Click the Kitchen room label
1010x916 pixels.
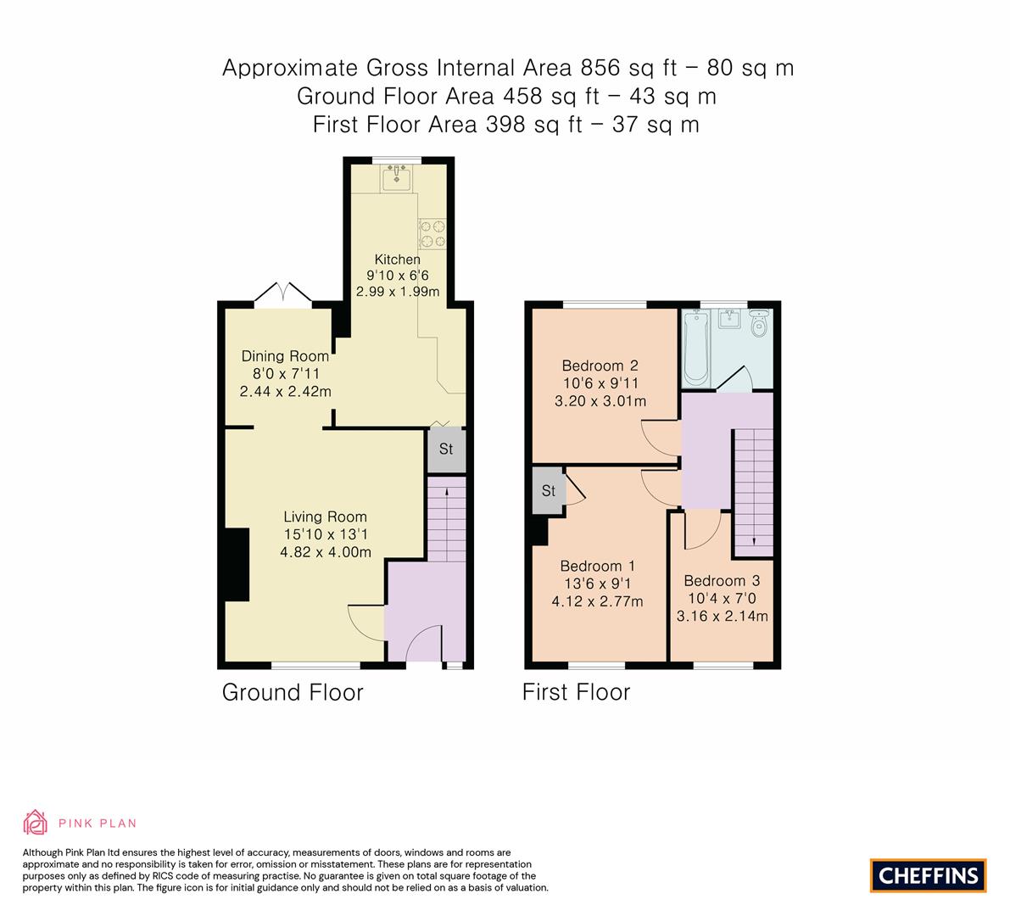point(397,260)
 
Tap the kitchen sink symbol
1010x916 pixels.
point(396,179)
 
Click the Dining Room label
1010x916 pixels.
point(285,356)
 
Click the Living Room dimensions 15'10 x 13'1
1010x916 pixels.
point(326,534)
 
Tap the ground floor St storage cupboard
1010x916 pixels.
point(446,450)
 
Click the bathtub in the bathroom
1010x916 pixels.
point(696,348)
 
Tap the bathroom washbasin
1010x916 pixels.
point(729,320)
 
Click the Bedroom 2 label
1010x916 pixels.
point(600,366)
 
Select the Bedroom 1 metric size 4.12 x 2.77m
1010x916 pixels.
point(597,602)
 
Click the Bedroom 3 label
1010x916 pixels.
point(722,581)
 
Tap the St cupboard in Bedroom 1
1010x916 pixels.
point(549,491)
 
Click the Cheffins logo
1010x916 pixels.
point(928,875)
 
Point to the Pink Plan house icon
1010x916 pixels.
point(36,823)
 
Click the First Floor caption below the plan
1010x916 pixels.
point(576,692)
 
